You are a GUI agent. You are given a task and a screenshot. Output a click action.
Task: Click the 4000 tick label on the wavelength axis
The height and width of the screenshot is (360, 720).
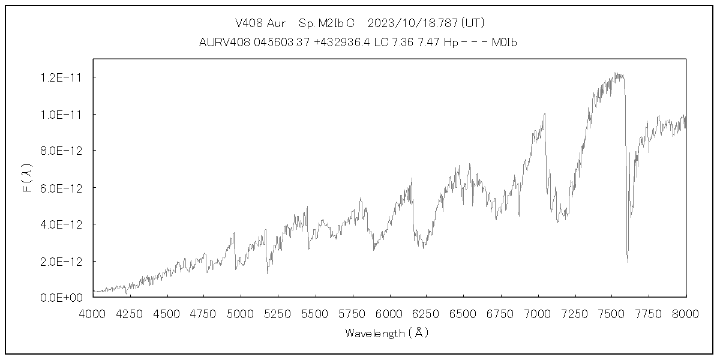(x=93, y=313)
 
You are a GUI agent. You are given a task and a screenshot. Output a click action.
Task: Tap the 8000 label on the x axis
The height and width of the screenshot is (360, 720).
(x=686, y=313)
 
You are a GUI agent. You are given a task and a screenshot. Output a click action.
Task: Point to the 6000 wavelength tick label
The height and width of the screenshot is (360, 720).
(x=389, y=313)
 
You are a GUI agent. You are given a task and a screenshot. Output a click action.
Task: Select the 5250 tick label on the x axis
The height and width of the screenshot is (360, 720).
(x=278, y=313)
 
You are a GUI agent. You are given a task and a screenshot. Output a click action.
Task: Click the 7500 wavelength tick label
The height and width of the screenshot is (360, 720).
(x=611, y=313)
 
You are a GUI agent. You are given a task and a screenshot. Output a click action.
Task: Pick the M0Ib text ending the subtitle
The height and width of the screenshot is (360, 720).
(x=503, y=43)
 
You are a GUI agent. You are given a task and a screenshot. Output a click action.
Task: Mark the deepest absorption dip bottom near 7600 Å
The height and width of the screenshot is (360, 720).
(x=628, y=262)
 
